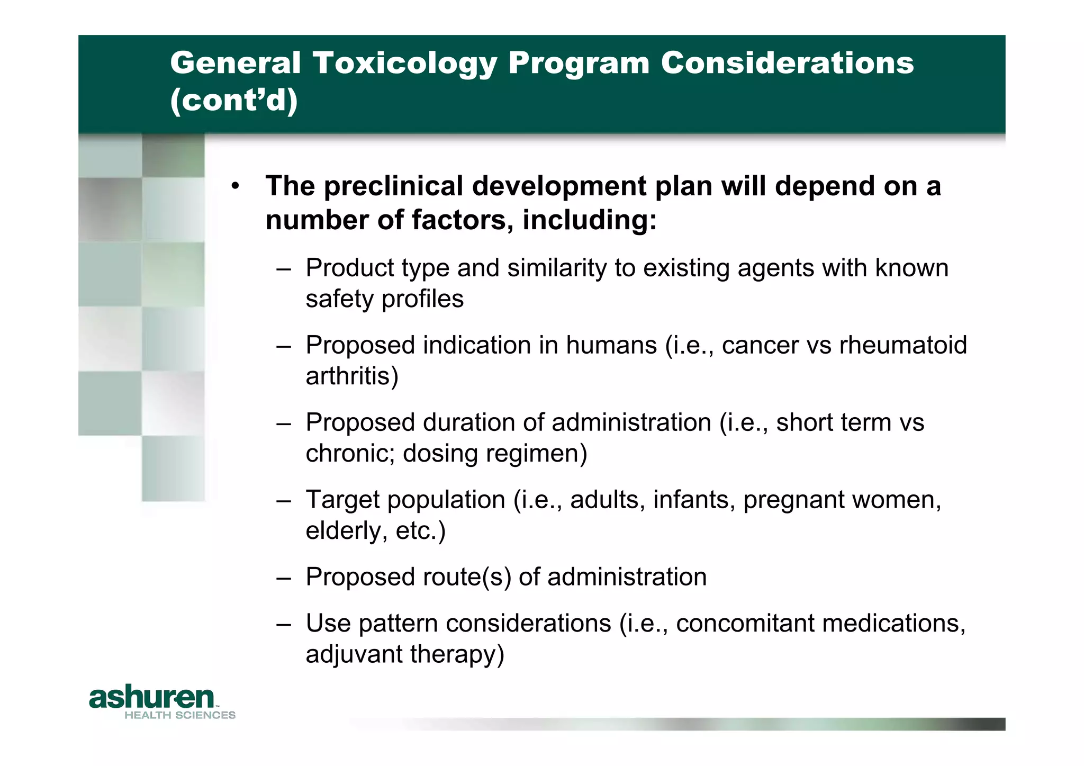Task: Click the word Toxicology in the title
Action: (x=404, y=64)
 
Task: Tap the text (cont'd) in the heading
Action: (x=234, y=100)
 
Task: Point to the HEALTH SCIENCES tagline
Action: (x=180, y=715)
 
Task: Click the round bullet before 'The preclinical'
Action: (x=236, y=186)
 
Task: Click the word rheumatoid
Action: (x=903, y=345)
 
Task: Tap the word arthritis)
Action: (x=352, y=376)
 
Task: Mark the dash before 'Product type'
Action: (x=284, y=268)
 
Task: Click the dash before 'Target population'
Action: (x=284, y=500)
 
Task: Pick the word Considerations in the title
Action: (x=787, y=64)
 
